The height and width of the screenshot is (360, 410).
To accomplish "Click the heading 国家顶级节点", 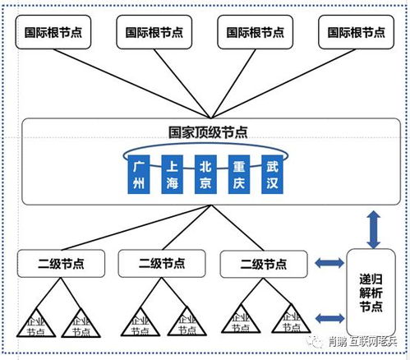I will pos(205,132).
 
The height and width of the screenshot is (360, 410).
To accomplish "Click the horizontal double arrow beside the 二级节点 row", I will pos(329,264).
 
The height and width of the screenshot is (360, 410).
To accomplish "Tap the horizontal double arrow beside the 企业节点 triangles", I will pos(329,316).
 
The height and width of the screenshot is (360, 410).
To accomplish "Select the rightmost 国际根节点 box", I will pos(356,33).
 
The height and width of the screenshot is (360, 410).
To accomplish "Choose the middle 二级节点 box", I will pos(161,264).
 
